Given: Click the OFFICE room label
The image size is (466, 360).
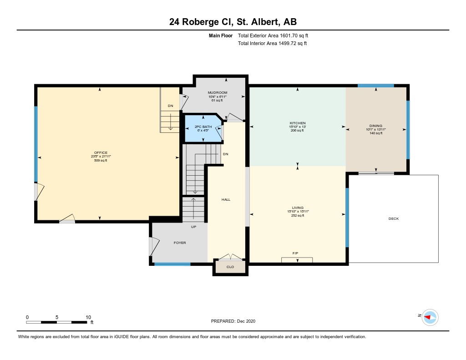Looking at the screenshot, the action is pyautogui.click(x=101, y=153).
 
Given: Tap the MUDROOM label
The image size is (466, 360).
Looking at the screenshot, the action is pyautogui.click(x=218, y=93).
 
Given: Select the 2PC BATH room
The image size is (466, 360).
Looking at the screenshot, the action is pyautogui.click(x=203, y=128).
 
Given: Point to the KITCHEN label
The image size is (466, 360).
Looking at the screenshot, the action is pyautogui.click(x=298, y=123).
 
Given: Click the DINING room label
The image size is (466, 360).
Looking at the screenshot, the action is pyautogui.click(x=375, y=126).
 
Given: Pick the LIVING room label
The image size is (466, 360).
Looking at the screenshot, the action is pyautogui.click(x=298, y=208).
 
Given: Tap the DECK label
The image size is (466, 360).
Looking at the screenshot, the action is pyautogui.click(x=394, y=218).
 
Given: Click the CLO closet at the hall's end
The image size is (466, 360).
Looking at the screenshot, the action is pyautogui.click(x=230, y=267).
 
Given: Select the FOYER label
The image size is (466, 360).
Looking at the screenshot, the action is pyautogui.click(x=180, y=243).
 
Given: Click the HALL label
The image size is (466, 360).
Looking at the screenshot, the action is pyautogui.click(x=226, y=199).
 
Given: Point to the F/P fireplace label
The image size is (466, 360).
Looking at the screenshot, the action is pyautogui.click(x=295, y=254).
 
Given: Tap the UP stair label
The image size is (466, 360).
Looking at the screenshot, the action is pyautogui.click(x=193, y=227).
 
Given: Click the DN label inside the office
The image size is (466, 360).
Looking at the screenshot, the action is pyautogui.click(x=170, y=106).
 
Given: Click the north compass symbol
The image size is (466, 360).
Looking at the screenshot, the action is pyautogui.click(x=430, y=317).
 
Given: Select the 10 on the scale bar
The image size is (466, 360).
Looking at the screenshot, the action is pyautogui.click(x=88, y=317).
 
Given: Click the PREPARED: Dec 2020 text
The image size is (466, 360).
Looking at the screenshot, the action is pyautogui.click(x=233, y=321).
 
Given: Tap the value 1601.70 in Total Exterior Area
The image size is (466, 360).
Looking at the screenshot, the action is pyautogui.click(x=289, y=35).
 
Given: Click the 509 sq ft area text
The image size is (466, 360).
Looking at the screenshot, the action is pyautogui.click(x=101, y=161).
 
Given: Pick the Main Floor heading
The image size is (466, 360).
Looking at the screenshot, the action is pyautogui.click(x=221, y=35).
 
